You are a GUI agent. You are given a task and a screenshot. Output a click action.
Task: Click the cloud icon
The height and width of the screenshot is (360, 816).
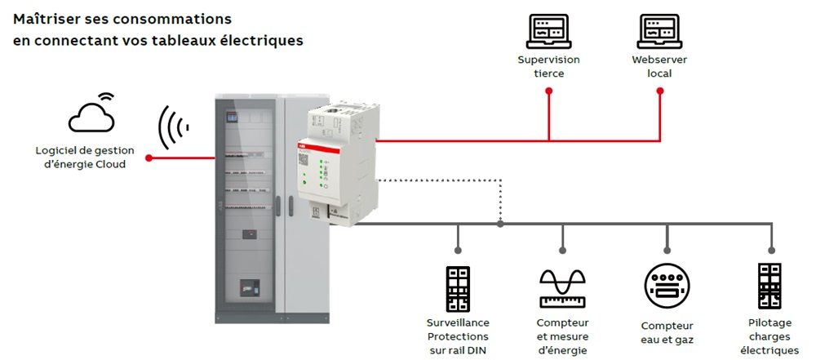tap(91, 115)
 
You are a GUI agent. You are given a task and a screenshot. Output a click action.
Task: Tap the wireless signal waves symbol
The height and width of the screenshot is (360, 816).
tap(173, 127)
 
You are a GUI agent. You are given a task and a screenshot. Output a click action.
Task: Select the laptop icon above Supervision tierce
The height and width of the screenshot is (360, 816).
tap(548, 32)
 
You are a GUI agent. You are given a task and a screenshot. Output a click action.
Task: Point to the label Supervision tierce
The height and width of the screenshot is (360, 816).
tap(548, 67)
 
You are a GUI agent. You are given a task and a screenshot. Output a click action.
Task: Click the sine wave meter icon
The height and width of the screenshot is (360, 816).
tap(563, 287)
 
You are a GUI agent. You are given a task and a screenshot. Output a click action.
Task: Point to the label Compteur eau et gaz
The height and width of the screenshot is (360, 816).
tap(667, 331)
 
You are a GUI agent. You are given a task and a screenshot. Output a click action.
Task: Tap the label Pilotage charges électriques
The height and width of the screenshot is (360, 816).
tap(769, 336)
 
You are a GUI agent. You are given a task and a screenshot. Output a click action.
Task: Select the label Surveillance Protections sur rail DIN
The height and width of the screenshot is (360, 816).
tap(457, 336)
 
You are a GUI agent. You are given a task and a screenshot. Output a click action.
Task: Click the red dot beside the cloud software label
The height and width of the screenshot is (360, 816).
tap(149, 157)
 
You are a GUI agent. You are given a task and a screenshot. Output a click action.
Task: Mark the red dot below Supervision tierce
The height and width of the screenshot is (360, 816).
tap(548, 92)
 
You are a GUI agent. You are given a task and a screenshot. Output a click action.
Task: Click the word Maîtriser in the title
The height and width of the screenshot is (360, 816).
tap(43, 19)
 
